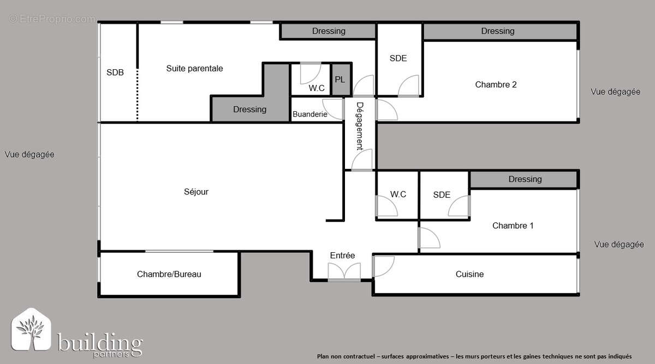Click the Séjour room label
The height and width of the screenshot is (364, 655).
click(x=196, y=192)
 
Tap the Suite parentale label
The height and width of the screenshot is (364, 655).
click(x=194, y=69)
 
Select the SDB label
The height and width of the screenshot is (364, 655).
click(x=115, y=72)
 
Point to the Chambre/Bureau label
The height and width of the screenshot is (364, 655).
click(x=169, y=274)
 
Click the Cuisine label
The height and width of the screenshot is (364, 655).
click(x=469, y=274)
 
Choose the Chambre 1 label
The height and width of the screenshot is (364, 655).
click(x=513, y=226)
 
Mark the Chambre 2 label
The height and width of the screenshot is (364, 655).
click(x=496, y=84)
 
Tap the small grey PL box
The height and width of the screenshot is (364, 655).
click(x=340, y=80)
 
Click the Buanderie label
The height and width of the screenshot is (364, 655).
click(x=309, y=114)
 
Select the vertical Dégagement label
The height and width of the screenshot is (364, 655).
click(x=360, y=126)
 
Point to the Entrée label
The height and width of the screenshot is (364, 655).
click(x=342, y=256)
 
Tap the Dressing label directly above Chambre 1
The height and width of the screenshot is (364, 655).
click(x=525, y=179)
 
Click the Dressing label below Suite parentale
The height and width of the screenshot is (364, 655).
click(x=249, y=110)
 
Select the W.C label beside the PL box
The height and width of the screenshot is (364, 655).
click(x=317, y=88)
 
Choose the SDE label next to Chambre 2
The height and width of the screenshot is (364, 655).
click(x=398, y=58)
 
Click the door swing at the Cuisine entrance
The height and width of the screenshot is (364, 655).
click(x=382, y=266)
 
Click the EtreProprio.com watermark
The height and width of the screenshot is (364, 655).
click(x=52, y=19)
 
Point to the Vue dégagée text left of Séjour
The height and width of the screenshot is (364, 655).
click(x=29, y=155)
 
